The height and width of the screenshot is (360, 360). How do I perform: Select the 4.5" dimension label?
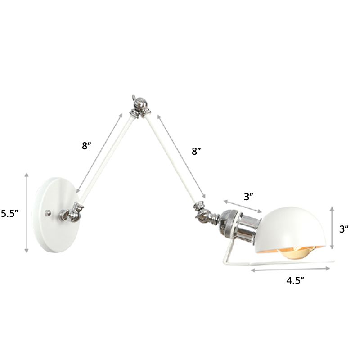295,281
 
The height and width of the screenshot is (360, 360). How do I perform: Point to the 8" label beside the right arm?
197,152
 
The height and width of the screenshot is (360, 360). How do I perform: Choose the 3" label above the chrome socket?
249,196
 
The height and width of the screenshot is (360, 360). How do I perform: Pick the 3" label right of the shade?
344,229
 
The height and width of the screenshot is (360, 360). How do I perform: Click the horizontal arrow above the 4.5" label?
293,270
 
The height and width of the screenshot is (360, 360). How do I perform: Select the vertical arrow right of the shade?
333,228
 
